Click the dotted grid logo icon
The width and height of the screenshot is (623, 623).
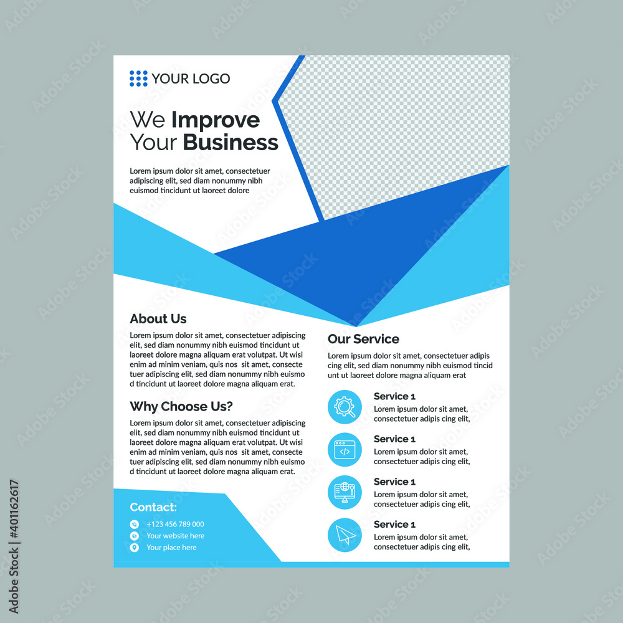coord(138,78)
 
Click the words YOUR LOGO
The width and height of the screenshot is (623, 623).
coord(191,78)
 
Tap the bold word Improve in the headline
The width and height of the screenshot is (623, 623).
coord(216,120)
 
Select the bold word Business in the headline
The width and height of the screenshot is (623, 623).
coord(231,142)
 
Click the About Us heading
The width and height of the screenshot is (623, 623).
coord(158,318)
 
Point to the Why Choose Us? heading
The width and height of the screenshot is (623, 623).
coord(181,406)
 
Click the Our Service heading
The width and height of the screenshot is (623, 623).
coord(364,339)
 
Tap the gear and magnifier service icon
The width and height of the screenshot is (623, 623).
coord(345,407)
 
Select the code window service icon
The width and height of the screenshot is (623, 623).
coord(345,449)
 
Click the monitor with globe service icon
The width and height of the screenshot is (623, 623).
coord(345,492)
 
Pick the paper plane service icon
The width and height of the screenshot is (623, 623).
coord(345,535)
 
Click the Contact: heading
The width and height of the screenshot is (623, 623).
coord(153,507)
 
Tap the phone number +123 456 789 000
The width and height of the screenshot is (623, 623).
coord(175,524)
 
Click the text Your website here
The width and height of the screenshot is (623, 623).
coord(176,536)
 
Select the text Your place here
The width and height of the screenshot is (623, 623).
coord(172,548)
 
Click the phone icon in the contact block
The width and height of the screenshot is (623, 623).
coord(135,524)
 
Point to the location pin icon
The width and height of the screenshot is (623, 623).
coord(135,548)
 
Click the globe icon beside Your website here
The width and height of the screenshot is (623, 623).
coord(135,536)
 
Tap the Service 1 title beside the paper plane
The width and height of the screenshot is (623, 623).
coord(394,525)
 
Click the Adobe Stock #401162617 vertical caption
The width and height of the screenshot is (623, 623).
coord(14,546)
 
